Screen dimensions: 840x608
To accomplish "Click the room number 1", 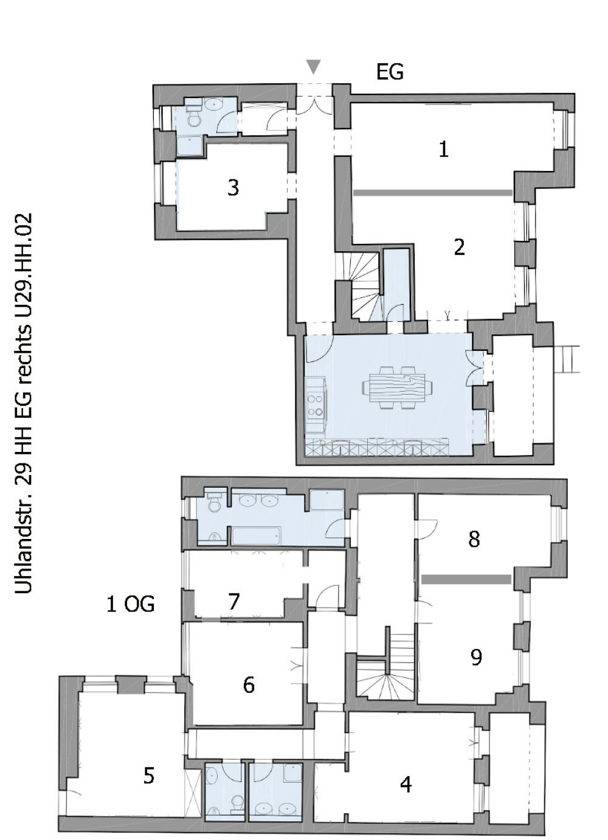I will point(444,149).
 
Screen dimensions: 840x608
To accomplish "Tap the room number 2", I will point(459,247).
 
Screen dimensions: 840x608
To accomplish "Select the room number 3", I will point(233,187).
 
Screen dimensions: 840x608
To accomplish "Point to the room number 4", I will point(406,785).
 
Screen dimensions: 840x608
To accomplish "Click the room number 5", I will point(149,776).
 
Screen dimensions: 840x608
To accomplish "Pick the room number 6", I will point(249,685).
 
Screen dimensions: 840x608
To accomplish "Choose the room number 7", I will point(234,602).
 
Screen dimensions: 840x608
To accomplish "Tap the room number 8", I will point(474,538).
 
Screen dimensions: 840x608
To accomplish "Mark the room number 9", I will point(476,657).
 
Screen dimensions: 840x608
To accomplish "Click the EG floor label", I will point(390,72).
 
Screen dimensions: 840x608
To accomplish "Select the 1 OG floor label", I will point(130,604).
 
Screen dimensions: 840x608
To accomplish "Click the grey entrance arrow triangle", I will point(313,66).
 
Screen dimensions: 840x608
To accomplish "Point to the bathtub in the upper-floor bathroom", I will point(256,536).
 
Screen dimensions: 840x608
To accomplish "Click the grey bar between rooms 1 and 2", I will point(432,193).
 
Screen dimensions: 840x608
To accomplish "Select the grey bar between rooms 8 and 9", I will point(466,580).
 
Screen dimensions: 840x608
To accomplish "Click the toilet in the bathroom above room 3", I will point(194,117).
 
